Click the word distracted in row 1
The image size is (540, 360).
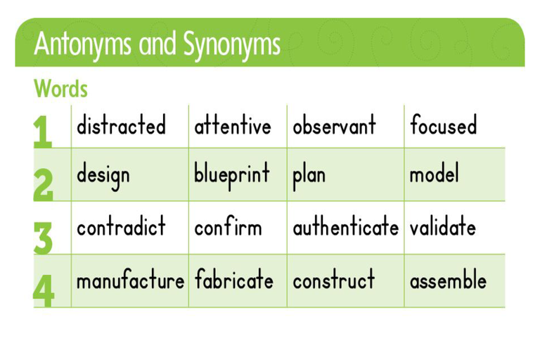121,124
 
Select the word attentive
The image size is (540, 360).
233,125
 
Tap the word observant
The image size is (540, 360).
334,124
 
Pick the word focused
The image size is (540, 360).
444,124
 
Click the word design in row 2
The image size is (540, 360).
103,176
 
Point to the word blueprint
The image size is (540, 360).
232,176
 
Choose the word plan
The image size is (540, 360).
309,176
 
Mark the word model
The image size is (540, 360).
435,173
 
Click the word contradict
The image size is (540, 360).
121,226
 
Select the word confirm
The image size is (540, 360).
228,226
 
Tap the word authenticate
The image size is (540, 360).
346,226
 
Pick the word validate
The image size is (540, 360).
443,226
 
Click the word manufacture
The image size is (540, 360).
131,279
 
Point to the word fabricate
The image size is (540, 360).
234,279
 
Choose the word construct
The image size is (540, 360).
334,279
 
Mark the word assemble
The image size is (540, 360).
448,279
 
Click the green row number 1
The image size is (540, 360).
43,132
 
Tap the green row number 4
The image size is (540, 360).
44,290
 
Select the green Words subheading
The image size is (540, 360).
60,89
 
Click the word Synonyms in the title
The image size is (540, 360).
232,44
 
